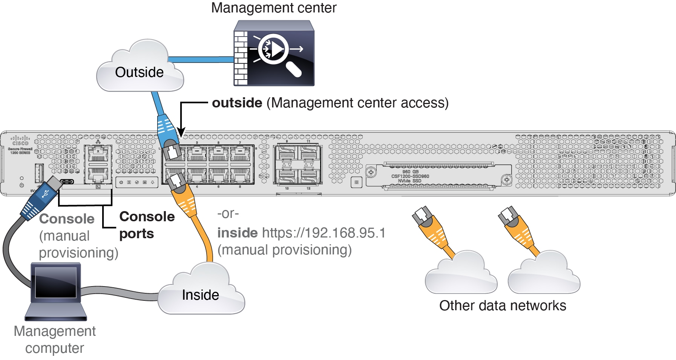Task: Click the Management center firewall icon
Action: (x=274, y=53)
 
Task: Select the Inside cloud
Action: (x=201, y=292)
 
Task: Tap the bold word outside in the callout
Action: (x=237, y=103)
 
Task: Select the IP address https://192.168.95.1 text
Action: (x=323, y=233)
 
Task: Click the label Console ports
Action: (x=146, y=225)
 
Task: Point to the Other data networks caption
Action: (x=502, y=306)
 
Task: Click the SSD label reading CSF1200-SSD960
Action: (x=410, y=176)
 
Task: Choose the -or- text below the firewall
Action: (x=228, y=214)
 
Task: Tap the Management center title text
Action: (x=273, y=8)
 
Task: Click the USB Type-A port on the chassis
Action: (x=39, y=173)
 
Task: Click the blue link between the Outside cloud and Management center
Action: (x=201, y=60)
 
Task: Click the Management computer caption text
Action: (x=55, y=339)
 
